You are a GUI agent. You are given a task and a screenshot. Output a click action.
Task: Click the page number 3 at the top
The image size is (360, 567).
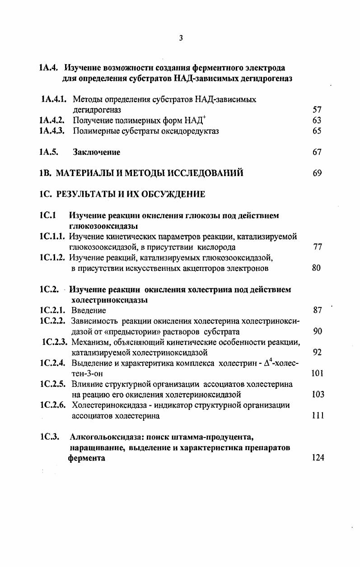point(181,38)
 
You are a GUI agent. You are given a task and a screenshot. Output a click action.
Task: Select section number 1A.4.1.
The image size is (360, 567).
point(54,99)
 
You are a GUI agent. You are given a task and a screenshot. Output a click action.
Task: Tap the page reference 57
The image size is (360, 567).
point(317,110)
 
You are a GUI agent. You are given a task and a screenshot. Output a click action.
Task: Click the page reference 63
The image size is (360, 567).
point(317,121)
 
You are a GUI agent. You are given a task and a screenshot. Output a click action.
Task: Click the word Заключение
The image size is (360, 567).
point(97,153)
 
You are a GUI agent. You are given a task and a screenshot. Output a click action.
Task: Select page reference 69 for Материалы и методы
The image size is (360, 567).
point(317,173)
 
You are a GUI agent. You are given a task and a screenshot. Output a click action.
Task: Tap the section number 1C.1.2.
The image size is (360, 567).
point(53,258)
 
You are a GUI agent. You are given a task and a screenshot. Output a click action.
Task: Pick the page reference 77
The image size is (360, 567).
point(317,247)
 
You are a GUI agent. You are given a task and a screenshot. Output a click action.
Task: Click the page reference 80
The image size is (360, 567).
point(316,268)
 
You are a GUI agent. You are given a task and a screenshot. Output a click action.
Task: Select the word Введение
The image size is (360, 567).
point(89,311)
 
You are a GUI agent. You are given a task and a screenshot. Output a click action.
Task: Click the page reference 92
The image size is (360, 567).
point(317,353)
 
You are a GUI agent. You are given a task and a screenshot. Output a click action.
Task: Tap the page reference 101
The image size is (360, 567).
point(318,374)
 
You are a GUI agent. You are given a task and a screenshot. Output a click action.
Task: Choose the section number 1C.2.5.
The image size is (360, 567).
point(53,385)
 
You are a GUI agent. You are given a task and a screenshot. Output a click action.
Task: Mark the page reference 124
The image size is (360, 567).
point(318,458)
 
